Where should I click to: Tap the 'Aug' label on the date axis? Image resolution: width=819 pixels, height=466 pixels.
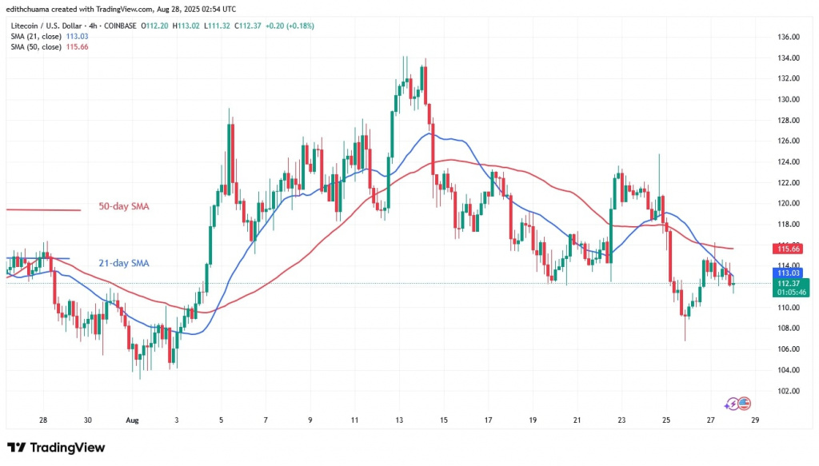tap(133, 420)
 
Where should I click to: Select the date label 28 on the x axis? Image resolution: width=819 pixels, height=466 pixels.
tap(43, 420)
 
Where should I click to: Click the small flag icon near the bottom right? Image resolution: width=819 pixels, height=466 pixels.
tap(745, 403)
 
